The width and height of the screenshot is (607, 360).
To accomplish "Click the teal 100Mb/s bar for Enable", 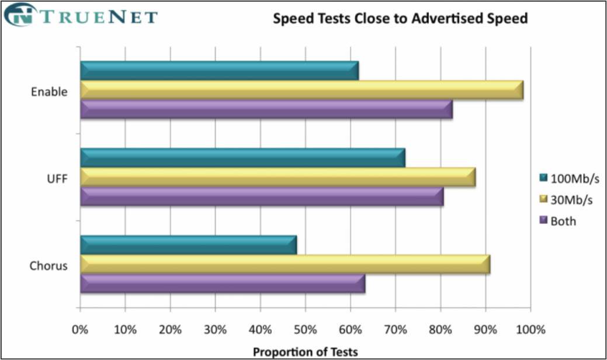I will coord(219,71).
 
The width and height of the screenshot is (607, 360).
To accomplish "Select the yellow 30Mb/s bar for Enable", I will coord(301,90).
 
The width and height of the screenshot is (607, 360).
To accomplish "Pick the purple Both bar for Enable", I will coord(266,109).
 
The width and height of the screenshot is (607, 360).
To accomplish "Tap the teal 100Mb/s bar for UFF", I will coord(242,158).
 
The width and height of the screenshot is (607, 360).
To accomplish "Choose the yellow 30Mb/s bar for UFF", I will coord(278,177).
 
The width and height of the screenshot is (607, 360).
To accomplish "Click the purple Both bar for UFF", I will coord(262,196).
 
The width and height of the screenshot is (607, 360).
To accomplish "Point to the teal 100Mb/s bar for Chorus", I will coord(188,245).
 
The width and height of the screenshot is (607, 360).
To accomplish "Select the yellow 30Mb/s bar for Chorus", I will coord(285,264).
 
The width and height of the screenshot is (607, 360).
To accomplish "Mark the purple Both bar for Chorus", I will coord(223,283).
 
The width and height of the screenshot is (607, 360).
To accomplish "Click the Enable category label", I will coord(49,92).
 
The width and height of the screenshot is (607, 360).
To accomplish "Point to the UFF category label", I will coord(57,179).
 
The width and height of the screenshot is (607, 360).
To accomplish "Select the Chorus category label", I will coord(48,266).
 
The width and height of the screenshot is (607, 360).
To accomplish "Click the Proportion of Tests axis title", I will coord(305,351).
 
